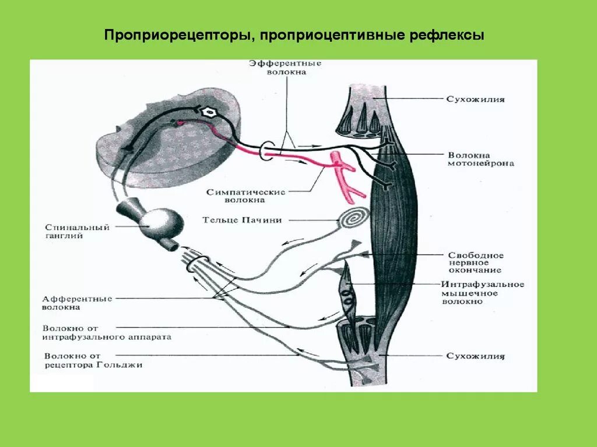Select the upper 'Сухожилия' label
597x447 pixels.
pos(475,100)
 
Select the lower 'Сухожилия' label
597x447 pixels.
pos(475,356)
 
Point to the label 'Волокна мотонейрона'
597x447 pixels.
pos(481,159)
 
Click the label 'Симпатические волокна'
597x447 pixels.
pos(245,196)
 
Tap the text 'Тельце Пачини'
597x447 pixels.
pos(242,220)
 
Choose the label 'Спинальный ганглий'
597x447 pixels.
pos(76,232)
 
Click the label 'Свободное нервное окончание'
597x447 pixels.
pos(476,262)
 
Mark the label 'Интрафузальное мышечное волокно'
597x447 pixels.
pos(482,293)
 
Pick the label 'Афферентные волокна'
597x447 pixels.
pos(76,303)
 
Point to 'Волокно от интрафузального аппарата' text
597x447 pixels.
pos(107,332)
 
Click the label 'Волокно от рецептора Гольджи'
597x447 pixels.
pos(93,360)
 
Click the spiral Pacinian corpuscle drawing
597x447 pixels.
pos(354,219)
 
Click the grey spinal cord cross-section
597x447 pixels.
pos(175,143)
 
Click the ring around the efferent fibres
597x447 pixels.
pos(267,150)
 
